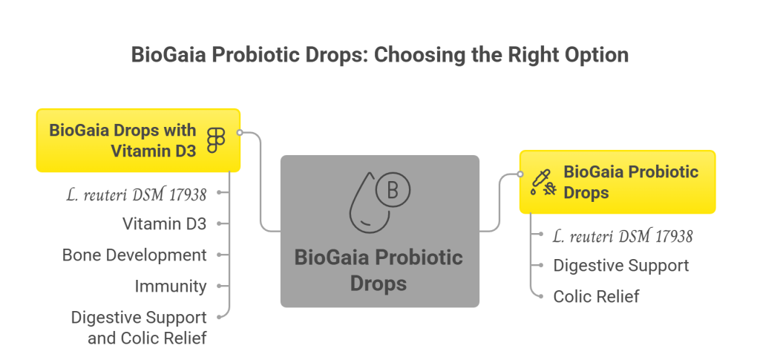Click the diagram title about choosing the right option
tap(380, 55)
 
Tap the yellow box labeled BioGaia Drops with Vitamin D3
tap(138, 140)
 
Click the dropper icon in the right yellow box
tap(543, 182)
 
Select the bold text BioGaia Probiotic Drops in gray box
tap(379, 270)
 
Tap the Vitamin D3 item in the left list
tap(164, 223)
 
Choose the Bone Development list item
tap(134, 255)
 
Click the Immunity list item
tap(171, 286)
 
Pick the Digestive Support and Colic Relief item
tap(139, 327)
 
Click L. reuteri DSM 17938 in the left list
tap(137, 194)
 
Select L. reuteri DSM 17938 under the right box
tap(623, 236)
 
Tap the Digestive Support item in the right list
tap(621, 266)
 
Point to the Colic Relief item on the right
tap(596, 296)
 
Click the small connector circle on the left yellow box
tap(239, 132)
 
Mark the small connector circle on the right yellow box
tap(520, 174)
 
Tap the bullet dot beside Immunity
tap(220, 286)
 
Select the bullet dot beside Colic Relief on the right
tap(541, 296)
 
